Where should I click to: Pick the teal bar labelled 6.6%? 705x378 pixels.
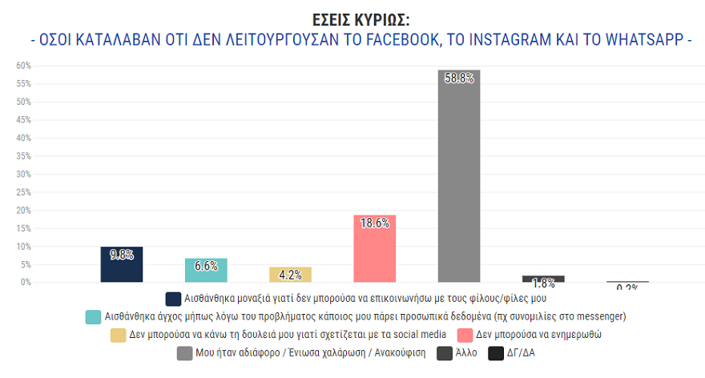206,271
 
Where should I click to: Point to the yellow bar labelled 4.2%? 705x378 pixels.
290,275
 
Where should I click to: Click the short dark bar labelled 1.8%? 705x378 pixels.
543,279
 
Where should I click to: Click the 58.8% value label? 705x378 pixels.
459,78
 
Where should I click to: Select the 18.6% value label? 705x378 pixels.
374,223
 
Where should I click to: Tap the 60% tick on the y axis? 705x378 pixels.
23,66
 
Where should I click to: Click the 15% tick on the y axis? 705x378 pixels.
23,228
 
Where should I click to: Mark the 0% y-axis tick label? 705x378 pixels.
26,282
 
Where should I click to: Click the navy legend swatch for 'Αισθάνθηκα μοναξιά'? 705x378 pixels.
173,298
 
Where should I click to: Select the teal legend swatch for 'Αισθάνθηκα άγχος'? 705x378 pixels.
93,316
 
